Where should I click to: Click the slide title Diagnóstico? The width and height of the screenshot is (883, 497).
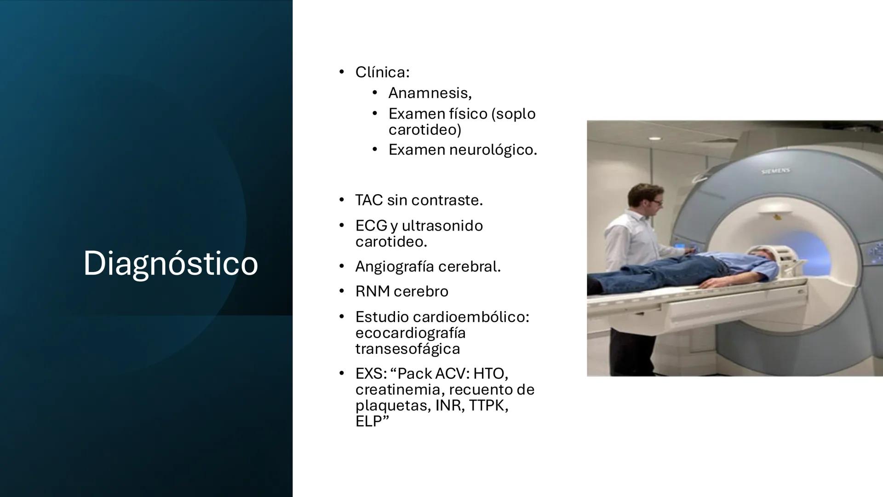(x=170, y=263)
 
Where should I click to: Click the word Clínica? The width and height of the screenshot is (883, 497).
(x=381, y=72)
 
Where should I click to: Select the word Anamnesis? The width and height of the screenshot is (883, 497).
(x=429, y=93)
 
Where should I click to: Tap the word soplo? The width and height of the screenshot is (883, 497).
(x=516, y=114)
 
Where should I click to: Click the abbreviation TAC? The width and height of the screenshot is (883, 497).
(x=369, y=200)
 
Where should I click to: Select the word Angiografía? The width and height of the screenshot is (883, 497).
(x=395, y=266)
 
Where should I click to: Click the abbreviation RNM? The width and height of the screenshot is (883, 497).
(x=372, y=291)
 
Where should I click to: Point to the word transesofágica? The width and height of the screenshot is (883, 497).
(x=407, y=349)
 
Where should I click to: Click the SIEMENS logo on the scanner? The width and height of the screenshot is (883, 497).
(x=775, y=171)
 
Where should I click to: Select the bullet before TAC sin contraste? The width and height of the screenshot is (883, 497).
(x=341, y=200)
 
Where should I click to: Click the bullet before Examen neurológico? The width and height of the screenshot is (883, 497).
(x=375, y=150)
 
